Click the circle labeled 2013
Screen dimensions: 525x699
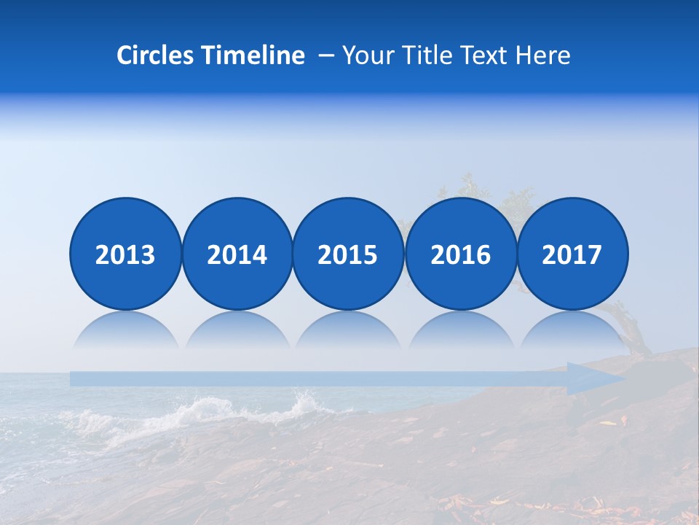[x=125, y=254]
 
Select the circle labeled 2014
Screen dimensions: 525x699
[x=237, y=254]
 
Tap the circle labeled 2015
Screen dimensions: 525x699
[x=348, y=254]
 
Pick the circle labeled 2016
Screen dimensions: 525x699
[x=460, y=254]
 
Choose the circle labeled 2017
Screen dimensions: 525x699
[x=572, y=254]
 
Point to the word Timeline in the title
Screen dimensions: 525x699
[x=254, y=55]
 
